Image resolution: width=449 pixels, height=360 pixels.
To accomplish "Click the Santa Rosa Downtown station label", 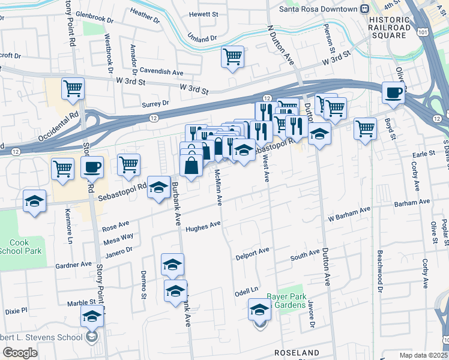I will tap(318, 8).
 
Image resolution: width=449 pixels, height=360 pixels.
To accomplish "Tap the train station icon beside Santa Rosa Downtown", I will tap(364, 8).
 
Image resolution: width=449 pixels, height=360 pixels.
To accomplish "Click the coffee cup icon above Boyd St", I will tap(394, 93).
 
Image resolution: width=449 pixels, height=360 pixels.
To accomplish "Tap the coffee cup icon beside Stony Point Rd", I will tap(92, 167).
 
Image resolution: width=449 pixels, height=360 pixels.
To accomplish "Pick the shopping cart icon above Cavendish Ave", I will tap(232, 58).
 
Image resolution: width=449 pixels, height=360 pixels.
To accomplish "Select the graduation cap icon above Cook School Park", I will tap(35, 200).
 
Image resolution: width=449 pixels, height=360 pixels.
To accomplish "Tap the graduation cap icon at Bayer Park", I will tap(259, 310).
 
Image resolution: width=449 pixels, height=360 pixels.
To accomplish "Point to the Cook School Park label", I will tap(21, 247).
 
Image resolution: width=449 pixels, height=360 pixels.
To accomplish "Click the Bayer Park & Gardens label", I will tap(287, 301).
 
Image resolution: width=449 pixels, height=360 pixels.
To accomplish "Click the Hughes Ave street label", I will tap(203, 227).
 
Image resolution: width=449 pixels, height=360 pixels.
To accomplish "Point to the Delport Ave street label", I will tap(252, 252).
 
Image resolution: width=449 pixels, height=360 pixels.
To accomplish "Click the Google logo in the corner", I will tap(20, 353).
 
